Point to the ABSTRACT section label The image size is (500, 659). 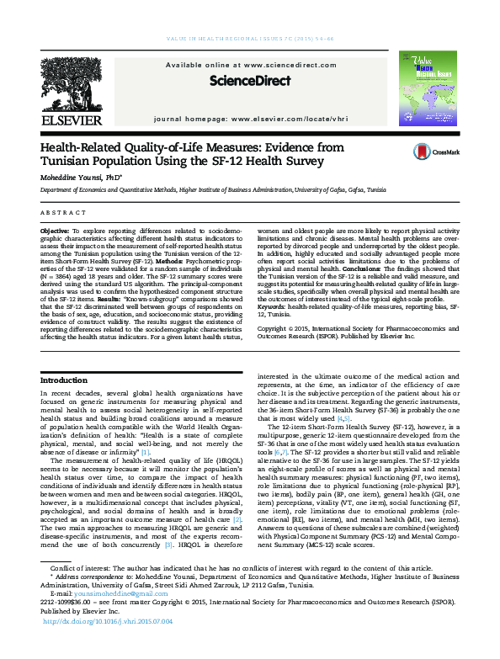tap(61, 212)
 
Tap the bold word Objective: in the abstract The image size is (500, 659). tap(56, 230)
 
